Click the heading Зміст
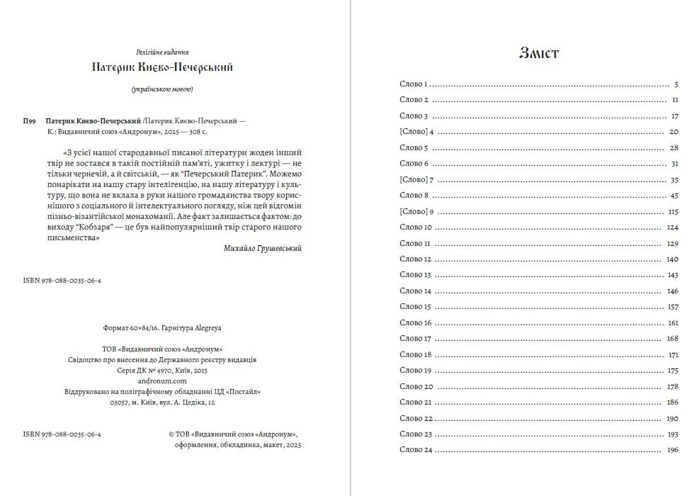pos(539,53)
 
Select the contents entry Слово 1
pos(414,84)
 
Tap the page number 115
pos(673,212)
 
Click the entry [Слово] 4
pos(416,132)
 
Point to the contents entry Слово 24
pos(416,450)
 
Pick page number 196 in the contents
pos(673,450)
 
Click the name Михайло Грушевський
pos(262,249)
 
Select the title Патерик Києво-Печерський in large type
pos(163,68)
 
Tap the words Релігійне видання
pos(163,52)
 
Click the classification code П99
pos(30,121)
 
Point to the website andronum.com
pos(163,381)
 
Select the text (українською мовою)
pos(163,89)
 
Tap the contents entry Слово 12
pos(416,259)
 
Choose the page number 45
pos(674,196)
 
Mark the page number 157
pos(673,307)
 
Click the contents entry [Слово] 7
pos(416,180)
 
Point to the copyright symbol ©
pos(172,434)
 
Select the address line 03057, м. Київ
pos(163,402)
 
